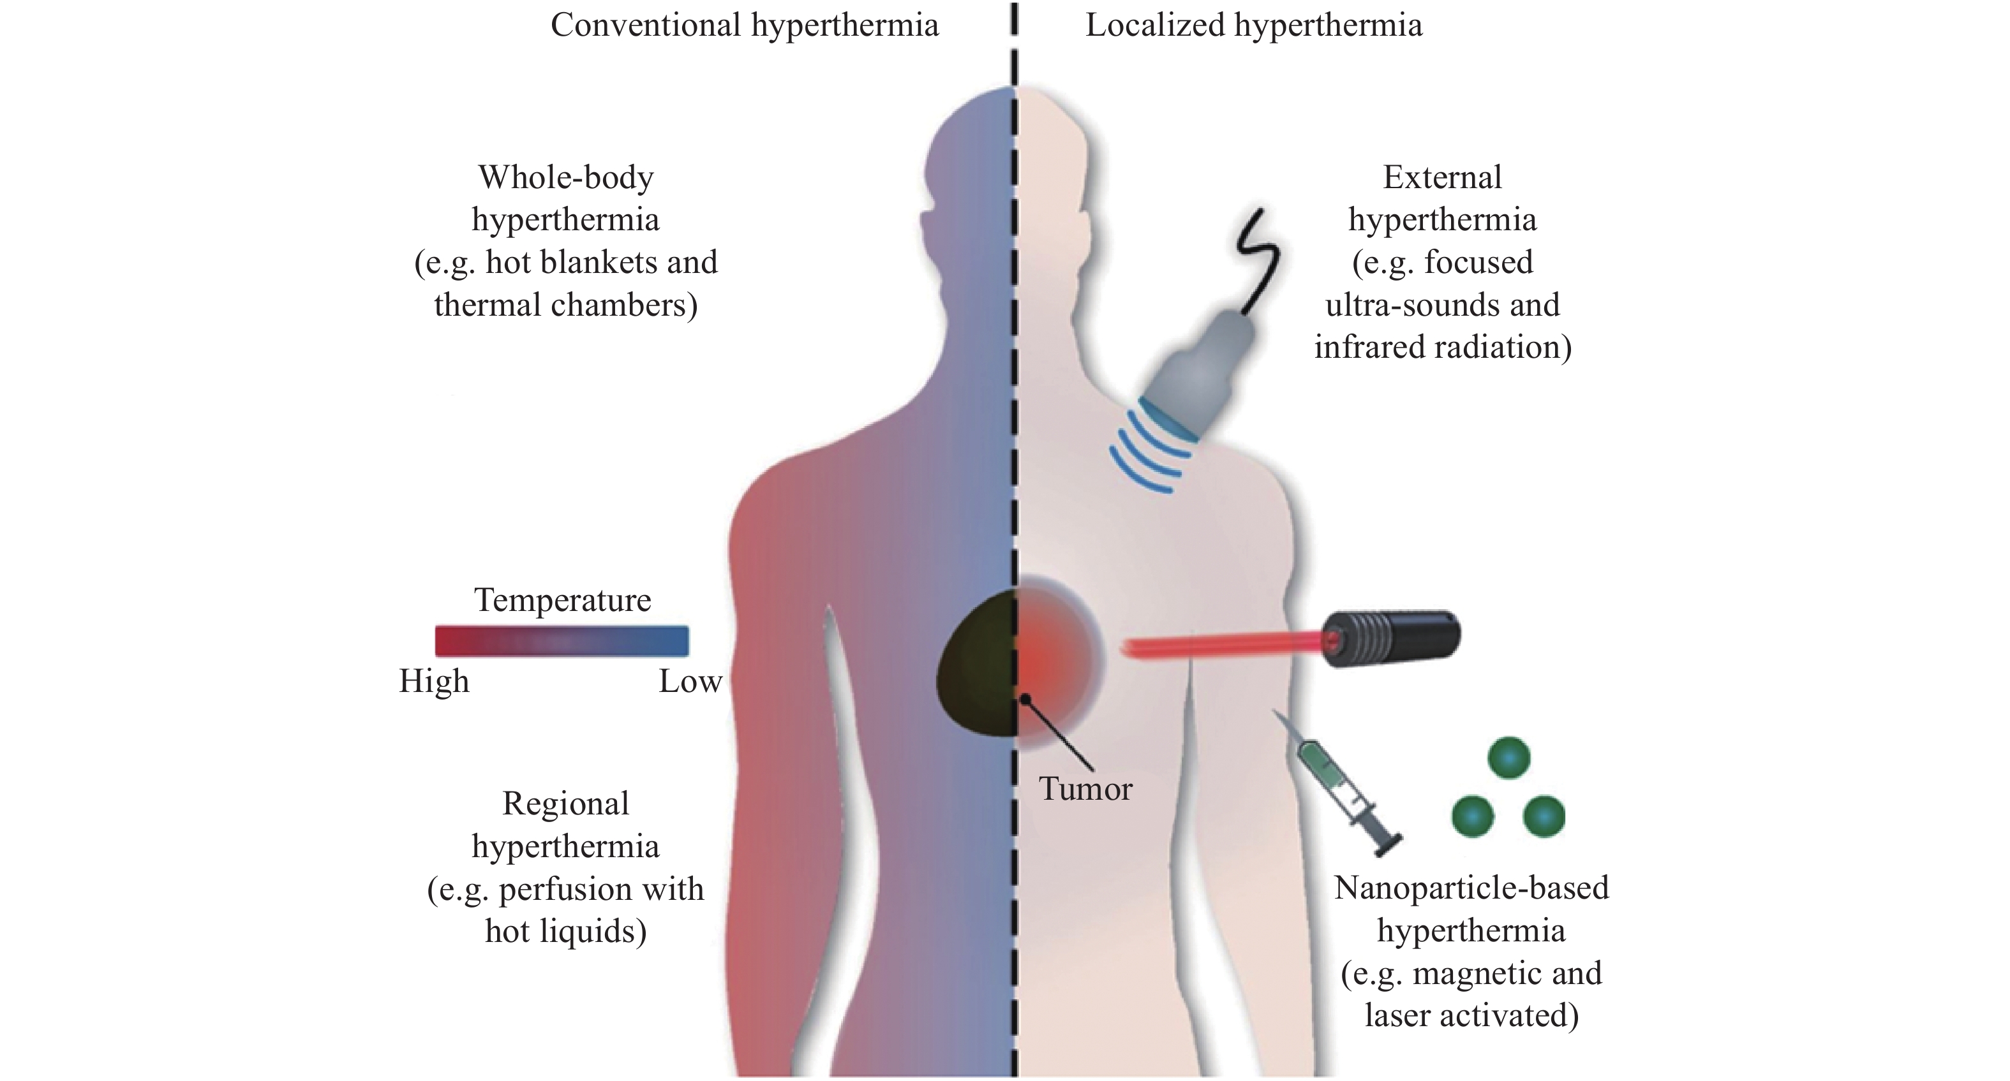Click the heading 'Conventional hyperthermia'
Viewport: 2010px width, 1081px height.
pos(745,26)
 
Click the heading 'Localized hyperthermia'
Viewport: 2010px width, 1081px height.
pos(1253,26)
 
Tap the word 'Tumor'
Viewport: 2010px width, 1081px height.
pos(1085,790)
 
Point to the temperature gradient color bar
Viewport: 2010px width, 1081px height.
pos(562,640)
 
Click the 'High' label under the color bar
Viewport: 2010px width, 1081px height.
pos(434,682)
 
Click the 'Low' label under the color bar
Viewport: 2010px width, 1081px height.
pos(690,682)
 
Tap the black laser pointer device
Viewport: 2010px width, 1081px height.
pos(1390,636)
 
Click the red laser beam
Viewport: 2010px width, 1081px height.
pos(1217,647)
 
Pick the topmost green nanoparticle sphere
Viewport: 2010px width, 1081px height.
pos(1508,757)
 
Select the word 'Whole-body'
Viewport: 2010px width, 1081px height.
pos(566,178)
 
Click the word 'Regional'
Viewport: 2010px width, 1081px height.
pos(566,804)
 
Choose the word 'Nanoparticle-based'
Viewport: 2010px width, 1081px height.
pos(1471,888)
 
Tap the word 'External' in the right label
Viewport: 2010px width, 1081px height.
pos(1442,178)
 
